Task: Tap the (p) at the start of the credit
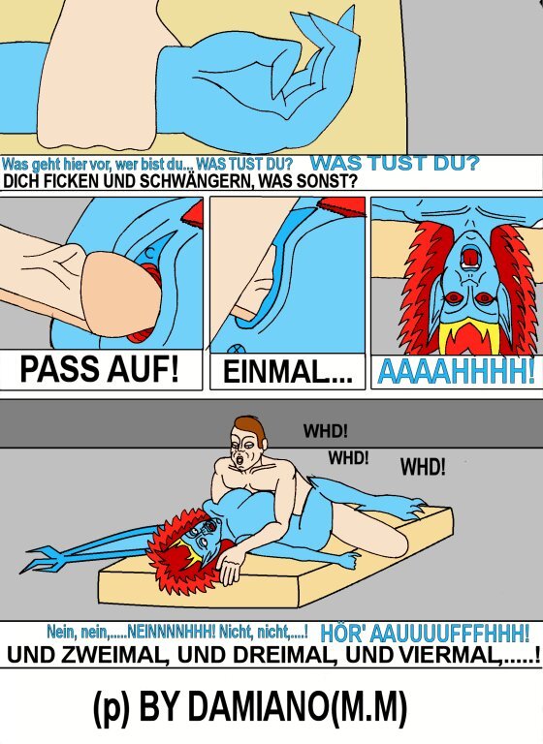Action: (112, 708)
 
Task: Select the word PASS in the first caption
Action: (60, 369)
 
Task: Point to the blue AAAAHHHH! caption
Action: (456, 371)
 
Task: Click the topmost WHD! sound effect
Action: (326, 431)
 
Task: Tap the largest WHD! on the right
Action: (423, 467)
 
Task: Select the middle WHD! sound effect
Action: (348, 458)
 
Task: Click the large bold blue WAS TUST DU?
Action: (395, 163)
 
